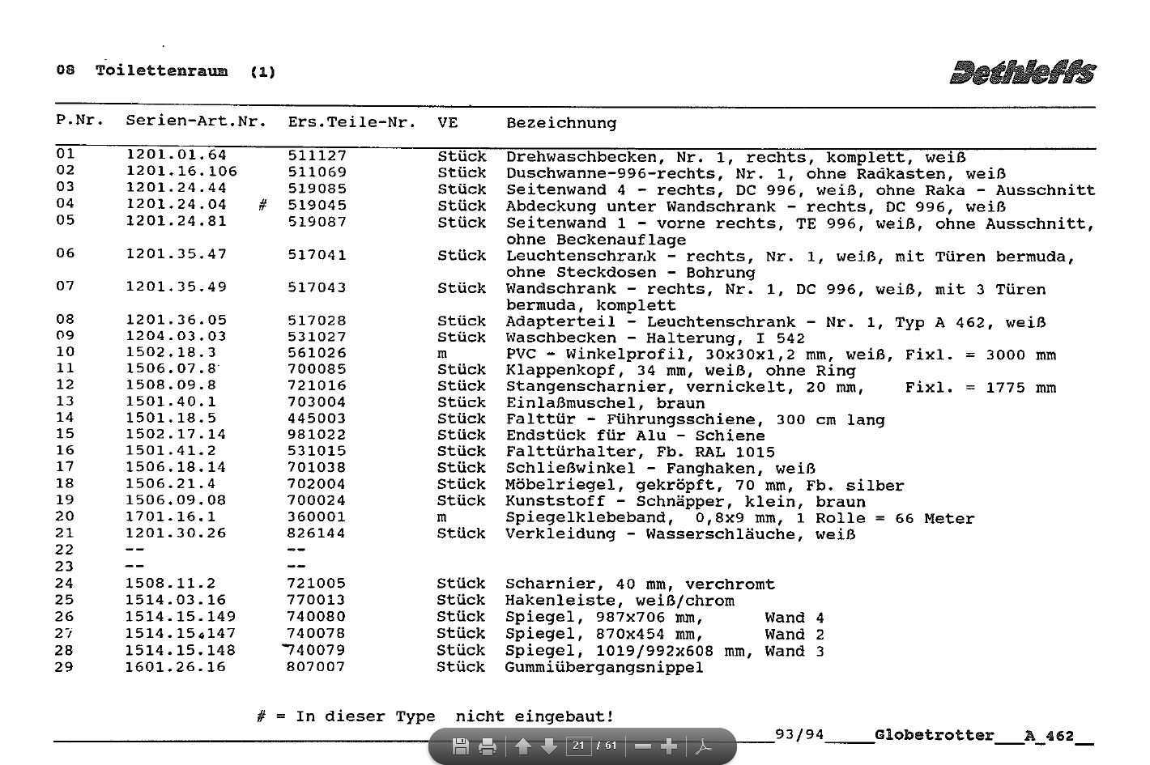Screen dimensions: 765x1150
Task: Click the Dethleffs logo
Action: [x=1023, y=72]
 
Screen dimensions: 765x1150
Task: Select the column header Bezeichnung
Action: [x=561, y=123]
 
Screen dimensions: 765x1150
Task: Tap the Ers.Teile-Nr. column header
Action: [x=351, y=122]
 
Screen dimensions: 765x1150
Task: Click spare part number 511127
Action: [x=317, y=155]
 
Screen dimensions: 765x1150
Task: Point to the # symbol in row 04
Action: [x=262, y=206]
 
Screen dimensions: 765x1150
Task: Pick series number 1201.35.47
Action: [x=176, y=254]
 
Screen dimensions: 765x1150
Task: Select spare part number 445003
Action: [x=316, y=418]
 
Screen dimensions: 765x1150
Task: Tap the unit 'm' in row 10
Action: [x=442, y=354]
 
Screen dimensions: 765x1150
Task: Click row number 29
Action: [x=64, y=667]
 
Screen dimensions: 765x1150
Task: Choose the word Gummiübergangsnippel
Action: [x=603, y=667]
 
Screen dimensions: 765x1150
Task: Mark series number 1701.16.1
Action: [x=171, y=516]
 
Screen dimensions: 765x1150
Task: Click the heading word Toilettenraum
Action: [x=161, y=70]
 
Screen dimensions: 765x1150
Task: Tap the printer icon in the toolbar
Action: [x=488, y=746]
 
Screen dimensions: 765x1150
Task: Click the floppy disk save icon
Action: [x=460, y=746]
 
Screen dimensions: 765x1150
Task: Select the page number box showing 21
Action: [x=578, y=746]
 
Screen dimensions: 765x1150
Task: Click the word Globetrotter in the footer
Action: [x=935, y=735]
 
